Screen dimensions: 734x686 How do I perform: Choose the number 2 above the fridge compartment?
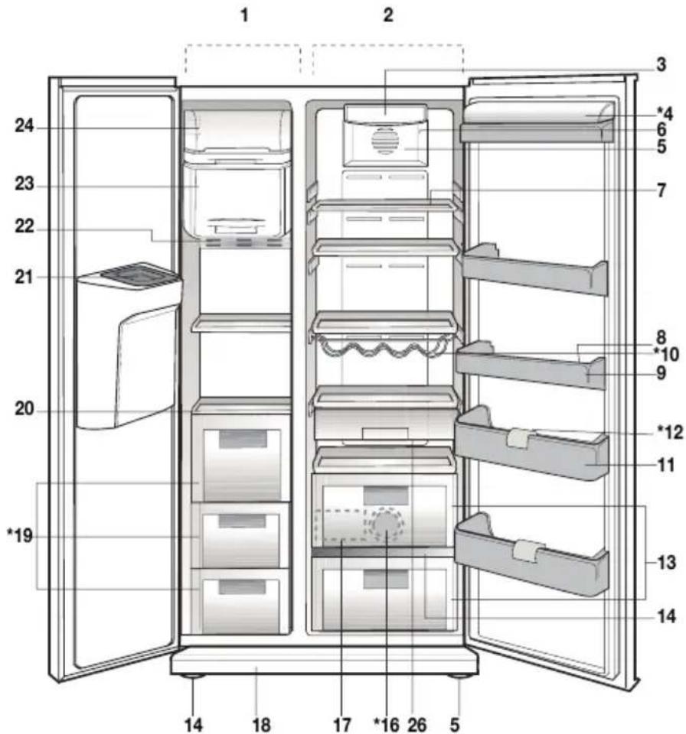pos(388,15)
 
